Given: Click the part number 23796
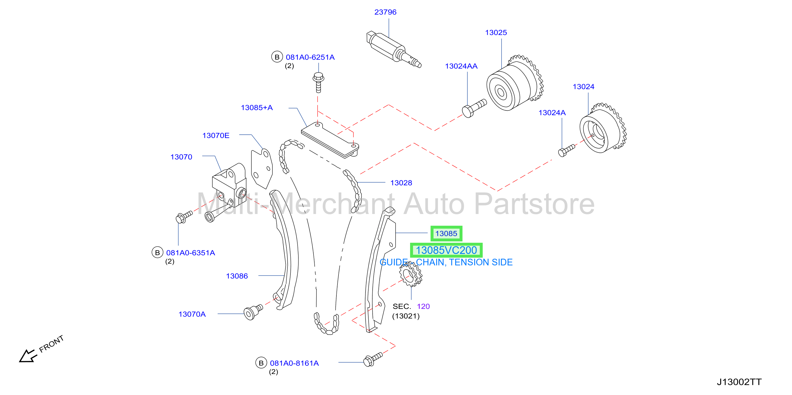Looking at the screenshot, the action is click(385, 12).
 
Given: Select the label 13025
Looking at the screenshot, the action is click(496, 33).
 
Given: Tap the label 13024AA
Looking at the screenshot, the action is click(461, 66).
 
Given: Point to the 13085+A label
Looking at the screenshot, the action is click(257, 108).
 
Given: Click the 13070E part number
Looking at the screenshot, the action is click(216, 136).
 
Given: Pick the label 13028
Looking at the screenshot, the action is click(401, 183).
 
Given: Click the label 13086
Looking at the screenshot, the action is click(237, 276).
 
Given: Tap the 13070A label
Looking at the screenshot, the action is click(192, 314).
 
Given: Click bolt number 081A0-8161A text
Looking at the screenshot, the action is click(294, 363).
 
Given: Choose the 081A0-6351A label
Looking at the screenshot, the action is click(191, 253).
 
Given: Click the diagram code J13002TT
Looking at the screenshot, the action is click(739, 382).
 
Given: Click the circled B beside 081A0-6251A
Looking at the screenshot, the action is click(277, 57).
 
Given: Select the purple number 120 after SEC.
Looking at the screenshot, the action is click(423, 306).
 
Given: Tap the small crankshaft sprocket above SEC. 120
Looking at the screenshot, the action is click(410, 274).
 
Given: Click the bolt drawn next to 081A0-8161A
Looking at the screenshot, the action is click(373, 359).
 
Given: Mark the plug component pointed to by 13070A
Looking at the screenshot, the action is click(253, 312).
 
